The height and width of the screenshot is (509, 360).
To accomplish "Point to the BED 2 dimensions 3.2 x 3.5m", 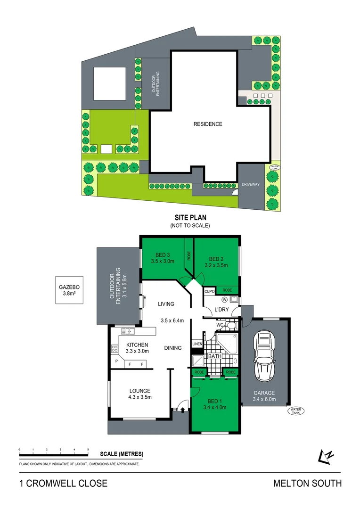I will tap(216, 265).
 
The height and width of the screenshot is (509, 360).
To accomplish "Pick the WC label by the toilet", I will tap(220, 325).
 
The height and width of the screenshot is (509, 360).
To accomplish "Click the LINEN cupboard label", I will tap(197, 344).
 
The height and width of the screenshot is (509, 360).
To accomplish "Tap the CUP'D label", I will tap(210, 291).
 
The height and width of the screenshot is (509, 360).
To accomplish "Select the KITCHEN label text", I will tap(137, 345).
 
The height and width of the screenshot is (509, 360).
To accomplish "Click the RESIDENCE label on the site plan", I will tap(208, 124).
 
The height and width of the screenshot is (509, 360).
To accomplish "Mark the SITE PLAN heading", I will tap(190, 218).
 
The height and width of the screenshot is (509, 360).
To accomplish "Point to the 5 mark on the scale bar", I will tap(88, 450).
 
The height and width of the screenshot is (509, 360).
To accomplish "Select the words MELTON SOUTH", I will tap(307, 483).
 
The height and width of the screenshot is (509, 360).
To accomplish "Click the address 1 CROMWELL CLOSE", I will tap(63, 483).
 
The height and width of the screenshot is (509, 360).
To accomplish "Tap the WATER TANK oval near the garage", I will tap(295, 411).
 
